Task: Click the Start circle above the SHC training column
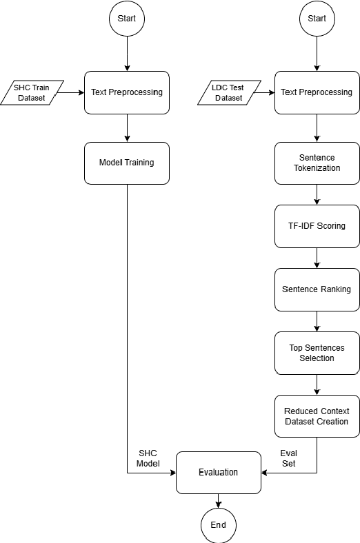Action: tap(127, 19)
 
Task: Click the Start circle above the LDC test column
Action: tap(317, 19)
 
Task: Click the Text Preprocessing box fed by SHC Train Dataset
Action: tap(127, 92)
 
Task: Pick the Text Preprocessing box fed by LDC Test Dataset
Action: tap(317, 92)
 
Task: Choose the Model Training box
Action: tap(127, 163)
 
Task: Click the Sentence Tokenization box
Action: tap(317, 163)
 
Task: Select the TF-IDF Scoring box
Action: tap(317, 226)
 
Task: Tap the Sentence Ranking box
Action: tap(317, 289)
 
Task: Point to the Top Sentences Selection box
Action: tap(317, 353)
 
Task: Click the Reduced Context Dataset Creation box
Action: tap(317, 416)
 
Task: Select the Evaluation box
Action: tap(218, 473)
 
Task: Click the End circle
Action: tap(218, 525)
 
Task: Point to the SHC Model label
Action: tap(148, 458)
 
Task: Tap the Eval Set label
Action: tap(288, 458)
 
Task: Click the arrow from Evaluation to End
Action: tap(218, 501)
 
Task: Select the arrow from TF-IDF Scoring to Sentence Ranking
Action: tap(317, 258)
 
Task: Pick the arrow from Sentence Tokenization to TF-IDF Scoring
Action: tap(317, 194)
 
